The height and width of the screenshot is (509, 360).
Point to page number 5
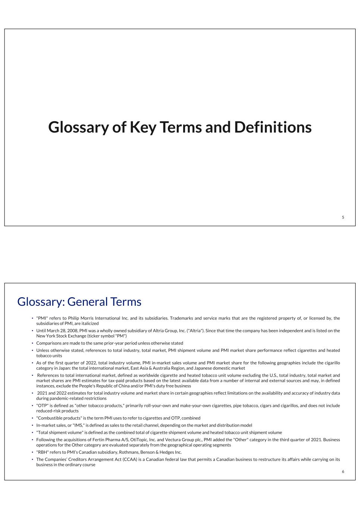coord(343,217)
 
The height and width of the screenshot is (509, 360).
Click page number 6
coord(343,472)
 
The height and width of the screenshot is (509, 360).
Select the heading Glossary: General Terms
coord(79,302)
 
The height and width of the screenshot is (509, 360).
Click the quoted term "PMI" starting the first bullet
coord(42,318)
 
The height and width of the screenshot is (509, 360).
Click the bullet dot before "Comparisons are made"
coord(32,343)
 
